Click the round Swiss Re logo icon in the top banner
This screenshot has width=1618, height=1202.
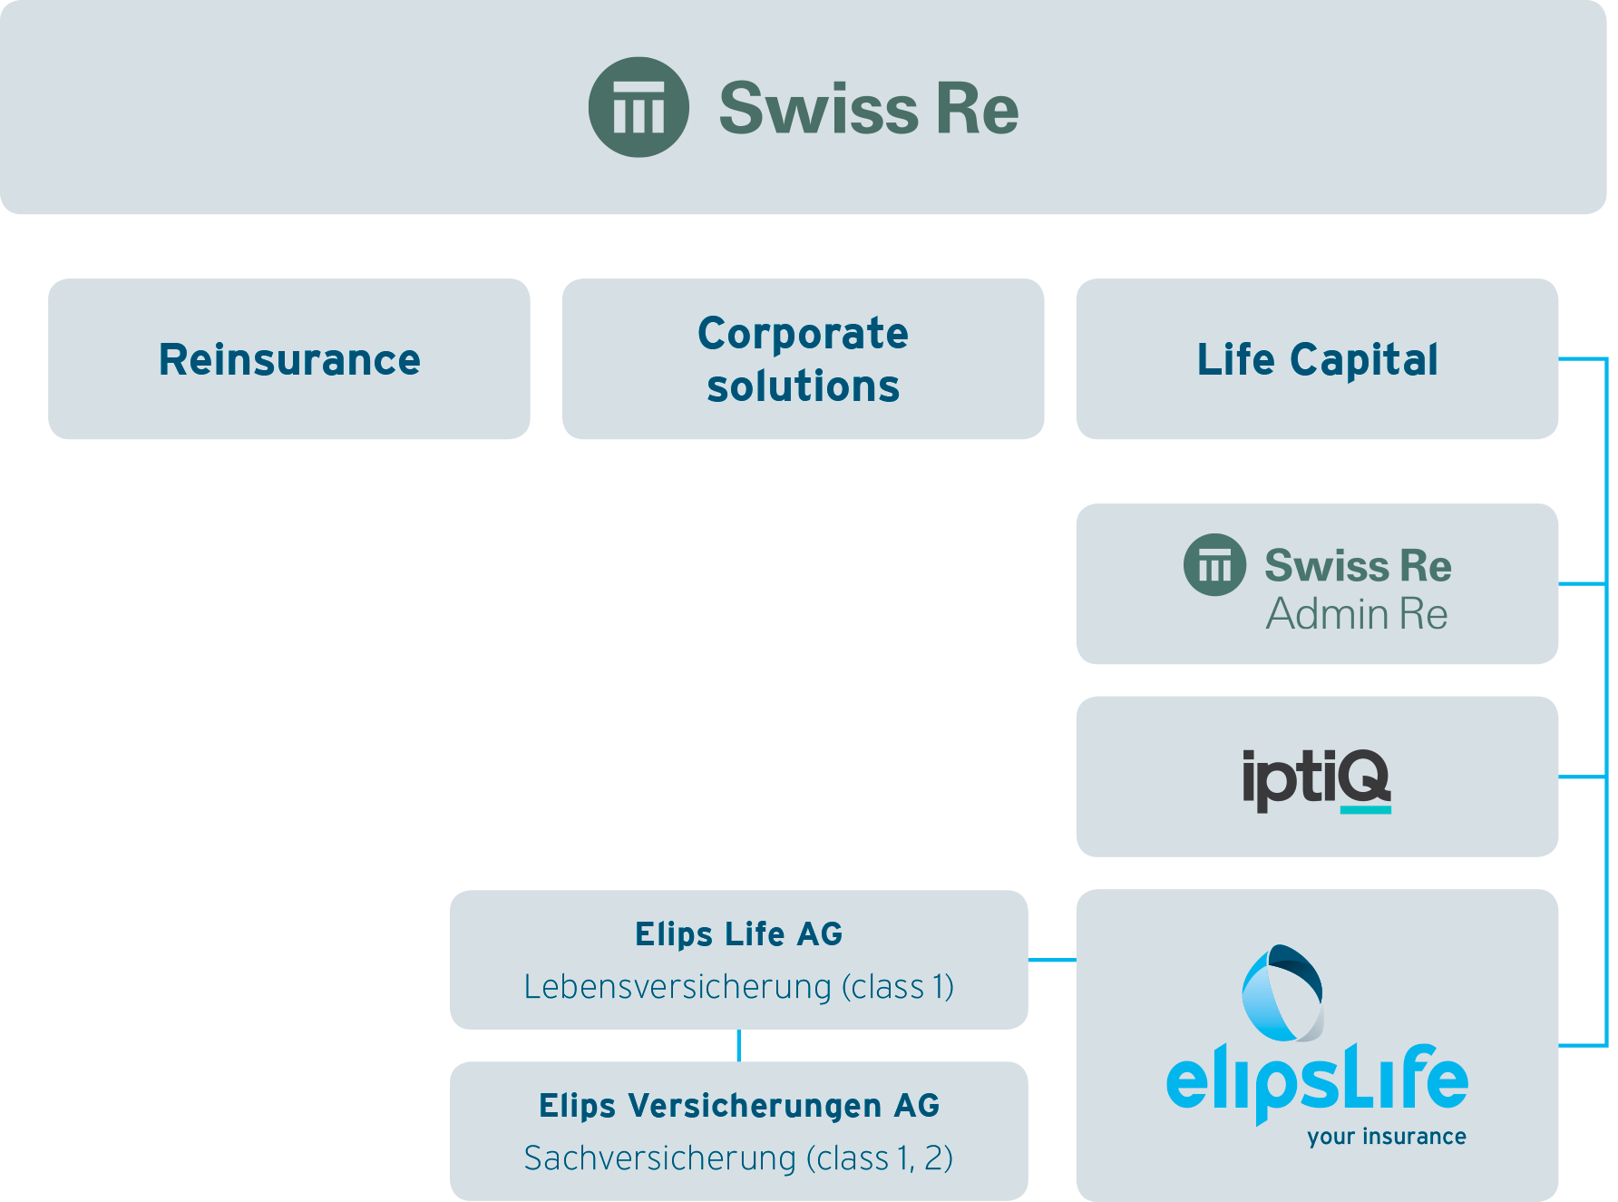pyautogui.click(x=638, y=107)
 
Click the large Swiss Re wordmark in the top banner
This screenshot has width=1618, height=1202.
pyautogui.click(x=868, y=109)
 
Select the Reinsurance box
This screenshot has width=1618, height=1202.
pyautogui.click(x=288, y=359)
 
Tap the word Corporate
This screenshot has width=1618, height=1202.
pyautogui.click(x=803, y=333)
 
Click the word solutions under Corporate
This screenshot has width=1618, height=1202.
pyautogui.click(x=803, y=386)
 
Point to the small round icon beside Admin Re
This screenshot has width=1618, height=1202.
pyautogui.click(x=1214, y=565)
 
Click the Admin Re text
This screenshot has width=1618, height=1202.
pyautogui.click(x=1357, y=614)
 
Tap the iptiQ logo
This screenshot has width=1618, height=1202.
pyautogui.click(x=1315, y=778)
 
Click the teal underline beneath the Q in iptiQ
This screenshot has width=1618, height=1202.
pyautogui.click(x=1365, y=809)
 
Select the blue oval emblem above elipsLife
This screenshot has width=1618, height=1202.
pyautogui.click(x=1282, y=993)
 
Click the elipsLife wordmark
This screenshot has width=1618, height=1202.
pyautogui.click(x=1316, y=1081)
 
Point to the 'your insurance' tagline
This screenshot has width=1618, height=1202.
pyautogui.click(x=1386, y=1137)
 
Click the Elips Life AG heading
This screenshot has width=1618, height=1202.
pyautogui.click(x=738, y=933)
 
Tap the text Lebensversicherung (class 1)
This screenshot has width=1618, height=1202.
pyautogui.click(x=738, y=986)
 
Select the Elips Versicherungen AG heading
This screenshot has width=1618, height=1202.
pyautogui.click(x=738, y=1105)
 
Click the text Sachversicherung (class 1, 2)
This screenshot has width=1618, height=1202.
pyautogui.click(x=738, y=1158)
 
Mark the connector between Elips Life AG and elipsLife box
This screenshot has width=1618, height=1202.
pyautogui.click(x=1052, y=959)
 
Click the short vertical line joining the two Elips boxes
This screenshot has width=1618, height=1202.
pyautogui.click(x=739, y=1045)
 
